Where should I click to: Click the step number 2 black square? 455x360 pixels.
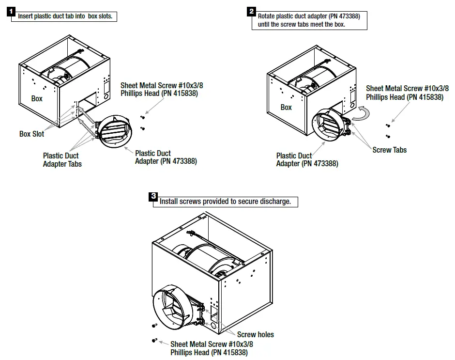coord(252,11)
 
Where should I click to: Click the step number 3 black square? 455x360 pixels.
coord(153,196)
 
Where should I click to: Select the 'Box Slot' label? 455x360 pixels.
coord(31,134)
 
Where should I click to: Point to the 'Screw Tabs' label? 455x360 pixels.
coord(389,150)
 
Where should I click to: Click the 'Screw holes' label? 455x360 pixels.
coord(255,334)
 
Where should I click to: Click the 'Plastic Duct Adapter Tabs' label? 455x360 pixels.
coord(62,160)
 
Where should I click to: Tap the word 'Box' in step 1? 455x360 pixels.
coord(37,98)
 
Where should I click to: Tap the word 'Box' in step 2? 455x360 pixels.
coord(286,107)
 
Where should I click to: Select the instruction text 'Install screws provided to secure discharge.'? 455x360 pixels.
coord(226,202)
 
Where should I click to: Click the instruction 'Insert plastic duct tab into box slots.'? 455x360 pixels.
coord(65,16)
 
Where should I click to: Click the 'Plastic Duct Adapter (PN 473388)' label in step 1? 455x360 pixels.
coord(166,157)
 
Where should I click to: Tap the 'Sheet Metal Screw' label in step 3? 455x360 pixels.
coord(212,348)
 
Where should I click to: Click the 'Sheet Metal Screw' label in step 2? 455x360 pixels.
coord(407,93)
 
